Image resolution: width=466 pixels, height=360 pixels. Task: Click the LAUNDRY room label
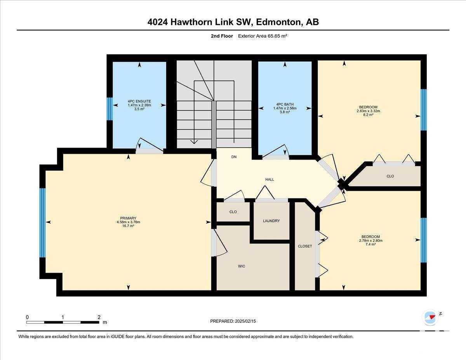tap(271, 221)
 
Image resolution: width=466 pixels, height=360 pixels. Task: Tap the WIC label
tap(242, 266)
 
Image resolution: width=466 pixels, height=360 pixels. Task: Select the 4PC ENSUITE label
tap(139, 101)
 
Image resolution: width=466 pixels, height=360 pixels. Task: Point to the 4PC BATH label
tap(285, 104)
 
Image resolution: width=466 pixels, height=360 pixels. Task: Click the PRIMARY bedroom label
tap(128, 218)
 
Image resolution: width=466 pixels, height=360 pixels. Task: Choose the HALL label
tap(270, 179)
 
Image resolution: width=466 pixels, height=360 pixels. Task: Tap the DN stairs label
tap(234, 157)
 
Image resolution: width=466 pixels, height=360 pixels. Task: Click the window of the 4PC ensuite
tap(110, 109)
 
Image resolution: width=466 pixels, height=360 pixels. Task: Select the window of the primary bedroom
tap(42, 223)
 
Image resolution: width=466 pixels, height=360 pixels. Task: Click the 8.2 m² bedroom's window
tap(424, 110)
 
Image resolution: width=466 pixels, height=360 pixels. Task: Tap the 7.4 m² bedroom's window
tap(424, 240)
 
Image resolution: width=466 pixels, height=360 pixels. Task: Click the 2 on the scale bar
tap(99, 317)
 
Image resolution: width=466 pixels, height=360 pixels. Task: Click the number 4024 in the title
tap(158, 22)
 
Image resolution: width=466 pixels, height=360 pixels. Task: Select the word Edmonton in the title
tap(278, 22)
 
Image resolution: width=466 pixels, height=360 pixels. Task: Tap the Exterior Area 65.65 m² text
tap(263, 36)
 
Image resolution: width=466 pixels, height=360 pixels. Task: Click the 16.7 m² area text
tap(128, 226)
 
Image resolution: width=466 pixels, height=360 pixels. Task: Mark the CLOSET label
tap(305, 246)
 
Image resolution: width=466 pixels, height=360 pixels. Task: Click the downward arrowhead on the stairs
tap(194, 142)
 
